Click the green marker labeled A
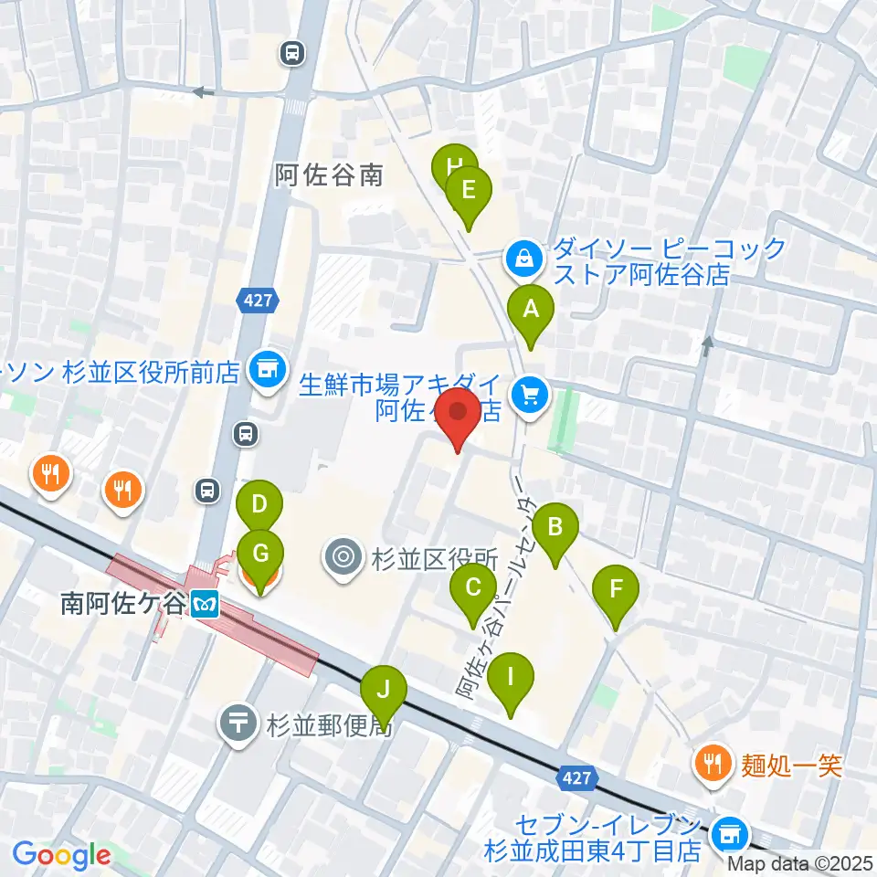point(531,310)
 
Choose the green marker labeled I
point(512,678)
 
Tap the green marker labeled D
point(259,504)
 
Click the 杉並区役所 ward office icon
point(344,558)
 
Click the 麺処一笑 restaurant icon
point(713,764)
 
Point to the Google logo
point(62,855)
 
